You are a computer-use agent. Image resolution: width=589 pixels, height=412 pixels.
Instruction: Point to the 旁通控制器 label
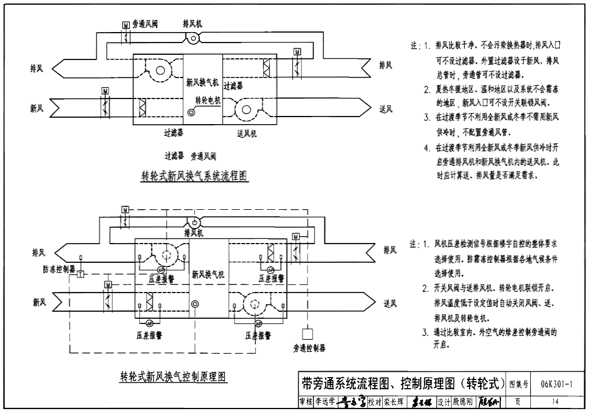[x=309, y=348]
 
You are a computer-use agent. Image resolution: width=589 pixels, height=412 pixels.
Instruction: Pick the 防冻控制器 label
[x=59, y=270]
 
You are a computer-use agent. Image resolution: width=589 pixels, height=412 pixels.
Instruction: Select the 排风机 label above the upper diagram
[x=193, y=24]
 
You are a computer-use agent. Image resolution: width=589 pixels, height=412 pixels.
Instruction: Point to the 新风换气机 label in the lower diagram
[x=208, y=273]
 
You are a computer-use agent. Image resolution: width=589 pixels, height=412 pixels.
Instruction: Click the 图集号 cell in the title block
[x=519, y=384]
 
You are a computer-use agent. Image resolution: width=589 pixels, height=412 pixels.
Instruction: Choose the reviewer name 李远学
[x=325, y=402]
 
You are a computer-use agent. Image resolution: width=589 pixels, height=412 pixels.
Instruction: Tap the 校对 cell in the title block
[x=374, y=402]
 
